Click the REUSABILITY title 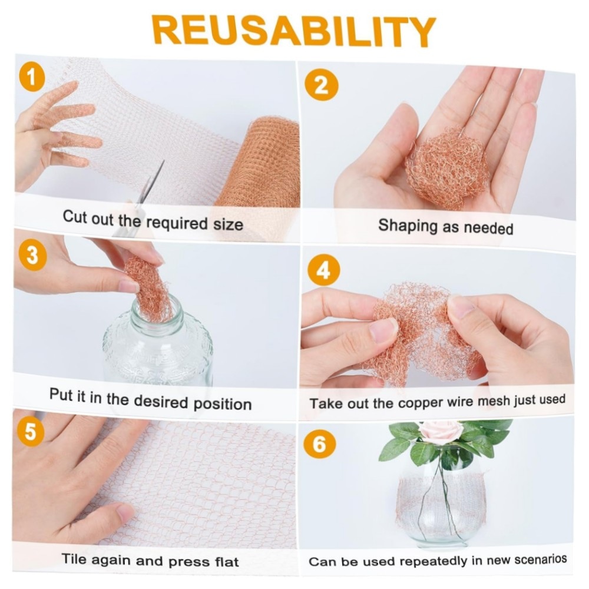[294, 31]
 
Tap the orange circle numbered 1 [32, 78]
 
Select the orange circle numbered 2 [321, 85]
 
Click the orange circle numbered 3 [32, 256]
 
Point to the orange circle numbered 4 [323, 270]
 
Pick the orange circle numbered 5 [30, 431]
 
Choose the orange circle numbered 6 [320, 444]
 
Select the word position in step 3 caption [223, 404]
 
